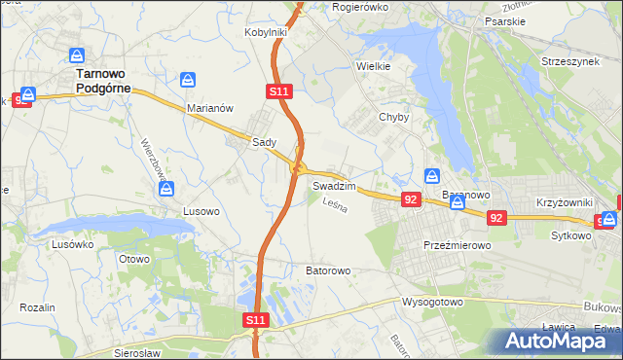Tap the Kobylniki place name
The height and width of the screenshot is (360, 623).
click(264, 32)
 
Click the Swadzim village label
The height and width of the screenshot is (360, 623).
click(334, 185)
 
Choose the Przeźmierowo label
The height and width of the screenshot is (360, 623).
click(457, 246)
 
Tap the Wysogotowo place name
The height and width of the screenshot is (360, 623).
click(431, 302)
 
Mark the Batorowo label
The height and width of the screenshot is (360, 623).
click(328, 270)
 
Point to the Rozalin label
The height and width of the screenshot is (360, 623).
click(37, 306)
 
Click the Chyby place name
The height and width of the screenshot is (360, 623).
click(393, 117)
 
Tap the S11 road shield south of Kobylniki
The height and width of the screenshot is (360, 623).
click(278, 91)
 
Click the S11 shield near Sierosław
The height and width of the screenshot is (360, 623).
click(254, 319)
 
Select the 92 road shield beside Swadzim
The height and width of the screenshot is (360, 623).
click(411, 199)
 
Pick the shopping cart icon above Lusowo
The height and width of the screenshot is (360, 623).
click(166, 188)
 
